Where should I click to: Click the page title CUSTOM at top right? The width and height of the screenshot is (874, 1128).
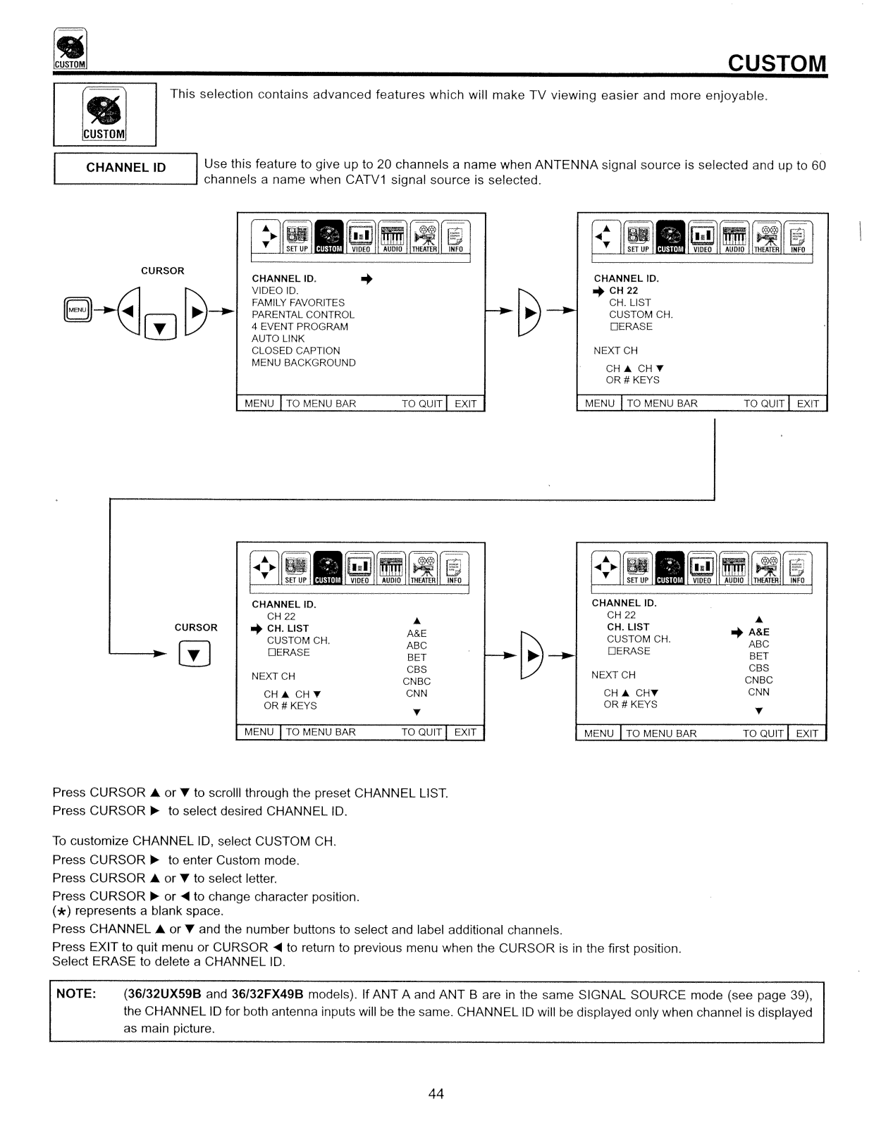(776, 63)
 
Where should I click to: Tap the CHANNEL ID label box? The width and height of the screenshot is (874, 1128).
(125, 168)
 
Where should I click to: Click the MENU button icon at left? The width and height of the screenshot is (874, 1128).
(76, 309)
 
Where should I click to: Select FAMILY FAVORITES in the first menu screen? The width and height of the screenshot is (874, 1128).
(298, 302)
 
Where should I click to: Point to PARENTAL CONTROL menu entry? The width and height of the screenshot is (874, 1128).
(303, 314)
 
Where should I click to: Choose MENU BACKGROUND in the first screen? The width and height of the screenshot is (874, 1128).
(304, 363)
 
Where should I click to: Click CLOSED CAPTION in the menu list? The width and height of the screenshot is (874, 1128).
(296, 351)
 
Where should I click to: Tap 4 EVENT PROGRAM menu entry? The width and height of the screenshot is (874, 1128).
(300, 326)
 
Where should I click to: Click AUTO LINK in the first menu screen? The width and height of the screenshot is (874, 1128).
(278, 338)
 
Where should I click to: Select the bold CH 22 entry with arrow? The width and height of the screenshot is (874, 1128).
(623, 290)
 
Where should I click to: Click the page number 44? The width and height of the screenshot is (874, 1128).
(436, 1093)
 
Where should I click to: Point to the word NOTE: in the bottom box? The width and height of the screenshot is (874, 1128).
(76, 994)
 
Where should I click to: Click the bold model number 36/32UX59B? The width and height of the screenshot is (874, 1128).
(163, 994)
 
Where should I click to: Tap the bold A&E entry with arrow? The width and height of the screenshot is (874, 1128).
(758, 632)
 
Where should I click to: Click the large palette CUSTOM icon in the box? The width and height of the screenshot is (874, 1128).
(104, 114)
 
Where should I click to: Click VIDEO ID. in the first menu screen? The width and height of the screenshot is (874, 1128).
(275, 290)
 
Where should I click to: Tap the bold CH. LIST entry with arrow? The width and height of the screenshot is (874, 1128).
(288, 628)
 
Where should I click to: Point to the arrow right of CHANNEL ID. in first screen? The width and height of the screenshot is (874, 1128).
(366, 279)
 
